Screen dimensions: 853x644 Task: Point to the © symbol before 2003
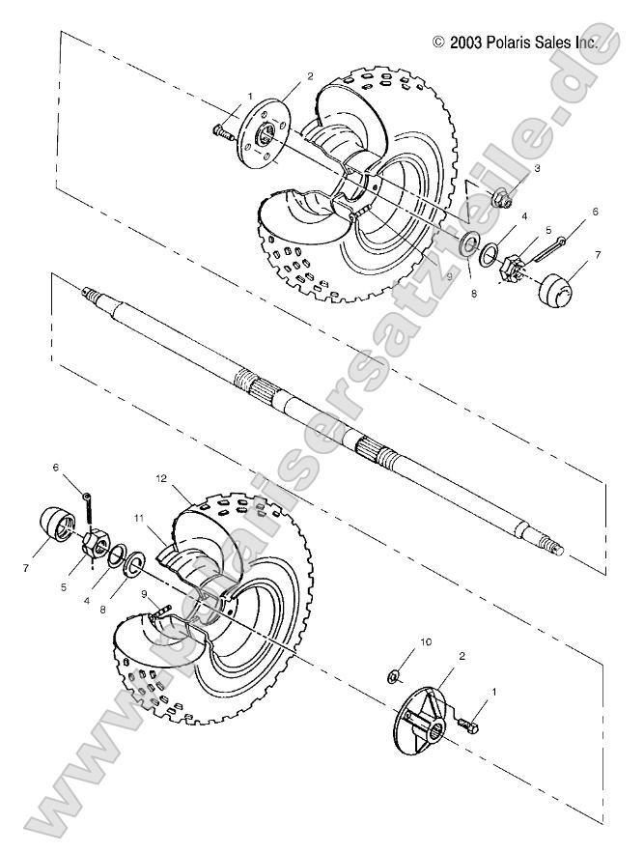439,42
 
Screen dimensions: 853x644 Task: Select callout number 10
400,640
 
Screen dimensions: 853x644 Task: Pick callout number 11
139,519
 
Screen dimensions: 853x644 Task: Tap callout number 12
163,478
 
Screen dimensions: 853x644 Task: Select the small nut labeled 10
396,672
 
